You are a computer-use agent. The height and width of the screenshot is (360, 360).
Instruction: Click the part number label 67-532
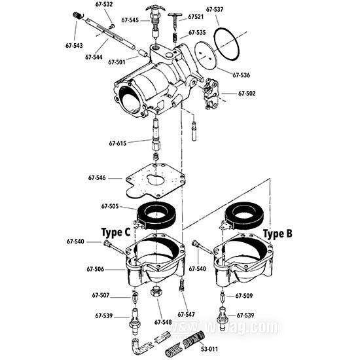coord(104,4)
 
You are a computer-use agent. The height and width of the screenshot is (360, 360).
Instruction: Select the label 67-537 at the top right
coord(215,10)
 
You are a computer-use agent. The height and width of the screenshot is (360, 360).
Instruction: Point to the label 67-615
coord(118,143)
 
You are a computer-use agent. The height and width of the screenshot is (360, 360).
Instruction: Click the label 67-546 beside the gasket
coord(97,177)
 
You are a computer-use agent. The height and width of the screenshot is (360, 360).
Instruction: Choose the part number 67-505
coord(110,207)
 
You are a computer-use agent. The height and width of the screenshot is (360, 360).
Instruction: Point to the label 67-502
coord(247,94)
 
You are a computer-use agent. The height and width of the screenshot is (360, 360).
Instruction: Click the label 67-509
coord(244,296)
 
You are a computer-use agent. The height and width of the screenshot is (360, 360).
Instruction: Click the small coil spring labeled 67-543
coord(77,16)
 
